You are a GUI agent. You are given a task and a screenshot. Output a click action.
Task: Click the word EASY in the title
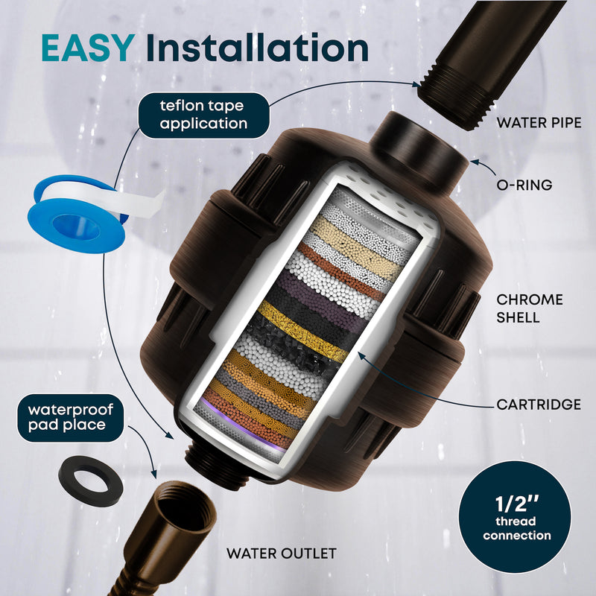86,47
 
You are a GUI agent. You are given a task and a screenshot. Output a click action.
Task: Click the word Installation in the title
257,47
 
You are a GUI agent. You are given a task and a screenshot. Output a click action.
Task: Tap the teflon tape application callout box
202,115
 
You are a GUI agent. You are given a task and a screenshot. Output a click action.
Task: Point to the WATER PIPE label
539,122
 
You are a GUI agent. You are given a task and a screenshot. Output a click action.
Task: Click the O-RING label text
525,184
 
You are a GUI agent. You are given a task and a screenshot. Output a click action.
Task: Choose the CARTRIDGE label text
539,405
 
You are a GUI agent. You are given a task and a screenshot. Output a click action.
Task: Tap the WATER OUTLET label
281,554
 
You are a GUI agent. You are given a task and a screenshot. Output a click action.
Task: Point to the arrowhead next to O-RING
474,160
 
